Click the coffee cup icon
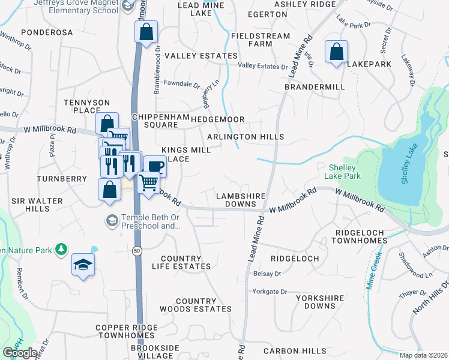click(155, 166)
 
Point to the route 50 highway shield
click(137, 251)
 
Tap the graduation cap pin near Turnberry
click(83, 265)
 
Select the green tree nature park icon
click(61, 248)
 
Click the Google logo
click(20, 352)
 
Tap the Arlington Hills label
click(246, 137)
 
